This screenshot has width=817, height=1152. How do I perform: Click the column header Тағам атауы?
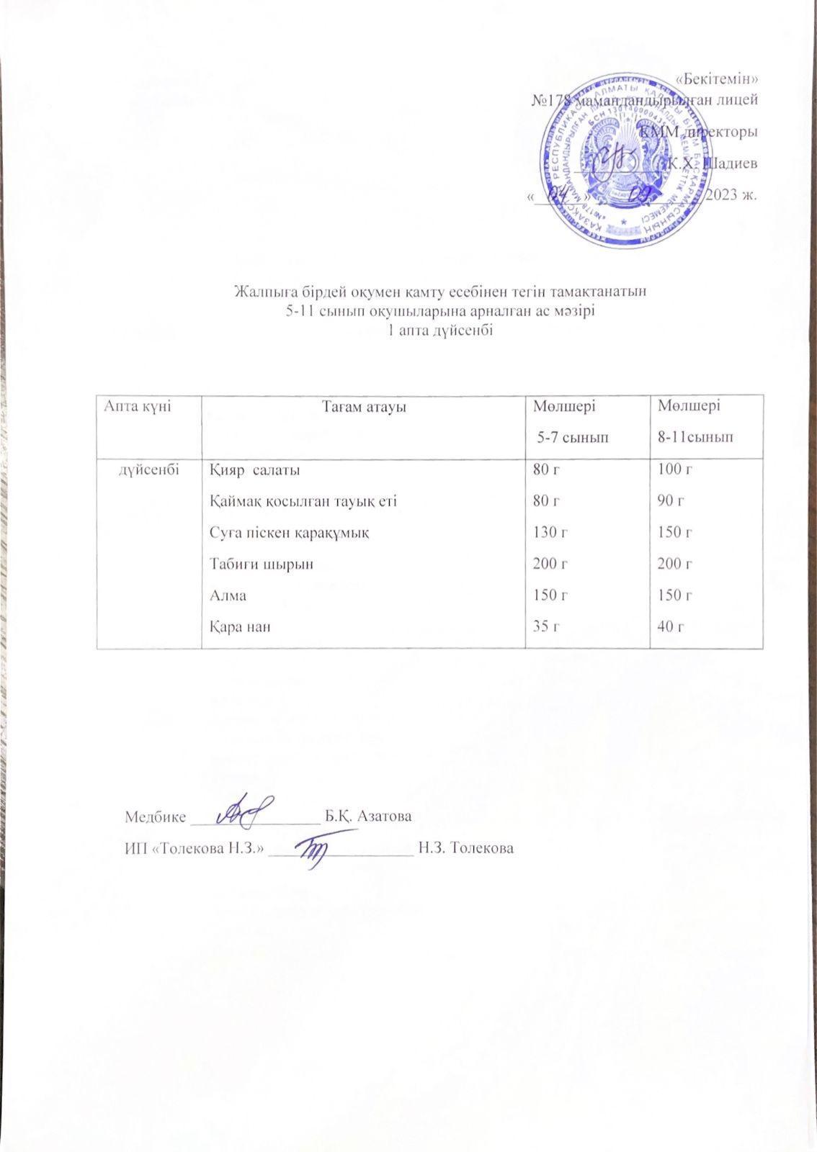tap(364, 407)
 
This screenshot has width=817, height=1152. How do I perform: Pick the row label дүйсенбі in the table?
tap(148, 469)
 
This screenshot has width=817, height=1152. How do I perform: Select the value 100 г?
tap(675, 470)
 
